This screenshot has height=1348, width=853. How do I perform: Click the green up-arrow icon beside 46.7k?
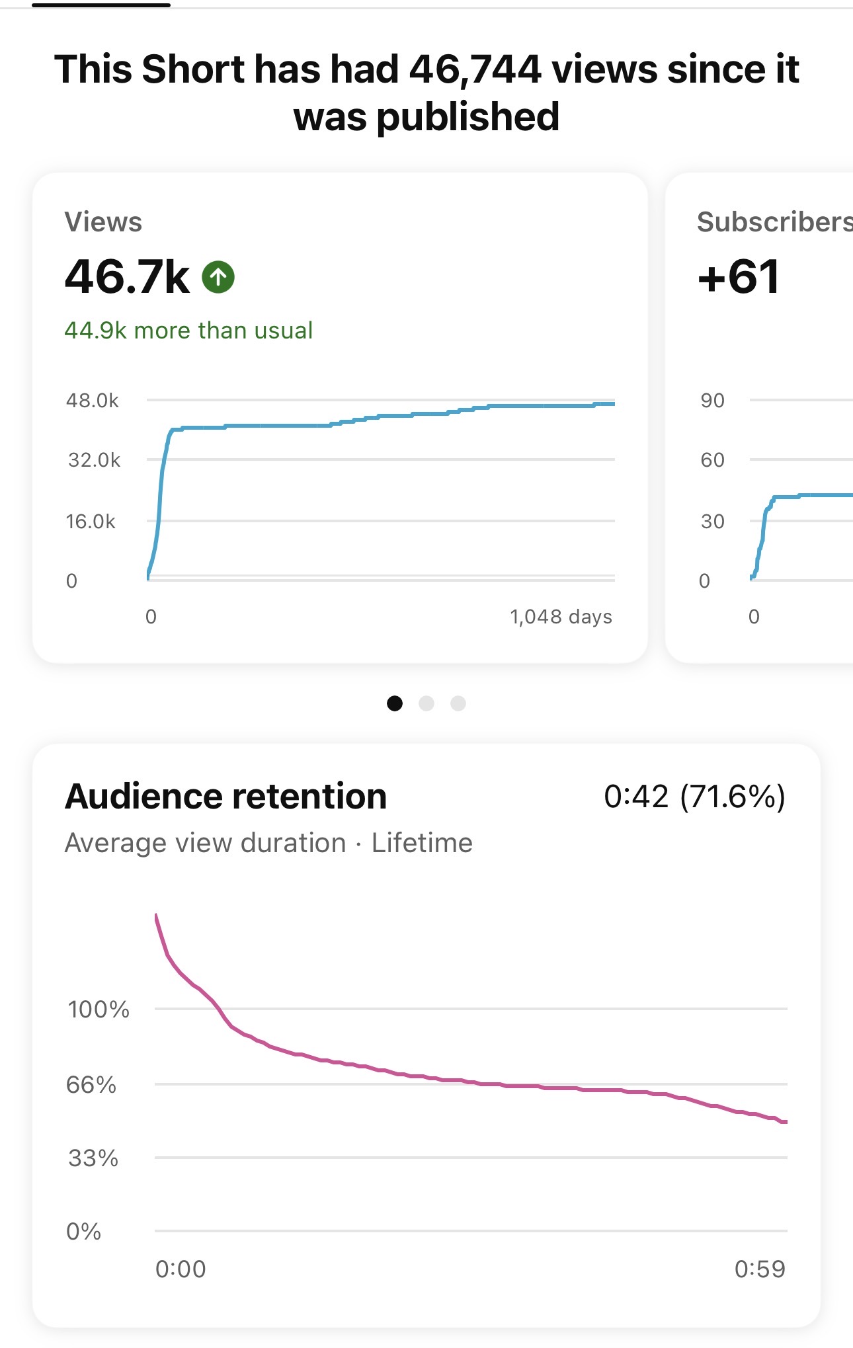tap(218, 277)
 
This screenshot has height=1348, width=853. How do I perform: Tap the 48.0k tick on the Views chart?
tap(93, 401)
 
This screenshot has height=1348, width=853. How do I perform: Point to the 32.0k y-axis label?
tap(94, 460)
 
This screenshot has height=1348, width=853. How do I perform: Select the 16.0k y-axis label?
tap(91, 522)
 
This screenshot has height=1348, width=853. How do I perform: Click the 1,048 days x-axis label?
tap(561, 617)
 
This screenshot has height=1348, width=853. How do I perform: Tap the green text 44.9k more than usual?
tap(188, 331)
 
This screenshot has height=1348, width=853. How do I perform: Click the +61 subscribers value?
tap(739, 277)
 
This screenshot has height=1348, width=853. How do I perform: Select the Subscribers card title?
tap(774, 222)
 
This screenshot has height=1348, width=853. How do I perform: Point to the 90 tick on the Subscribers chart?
tap(713, 401)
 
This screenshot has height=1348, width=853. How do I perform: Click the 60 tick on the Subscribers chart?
tap(713, 460)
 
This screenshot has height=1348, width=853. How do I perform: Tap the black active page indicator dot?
tap(395, 703)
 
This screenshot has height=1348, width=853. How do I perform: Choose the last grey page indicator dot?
tap(458, 703)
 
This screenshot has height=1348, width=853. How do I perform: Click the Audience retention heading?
tap(225, 796)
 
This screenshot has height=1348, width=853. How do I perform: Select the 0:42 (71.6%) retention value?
tap(694, 796)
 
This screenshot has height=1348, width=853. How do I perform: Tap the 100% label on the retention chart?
tap(99, 1010)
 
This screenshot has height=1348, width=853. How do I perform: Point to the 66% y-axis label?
tap(91, 1085)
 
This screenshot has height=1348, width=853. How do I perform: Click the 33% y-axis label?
tap(93, 1158)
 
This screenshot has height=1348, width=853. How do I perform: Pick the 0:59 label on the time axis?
tap(760, 1269)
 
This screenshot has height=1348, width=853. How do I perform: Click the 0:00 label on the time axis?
tap(181, 1269)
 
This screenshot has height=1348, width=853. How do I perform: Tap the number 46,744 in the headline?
tap(475, 69)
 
